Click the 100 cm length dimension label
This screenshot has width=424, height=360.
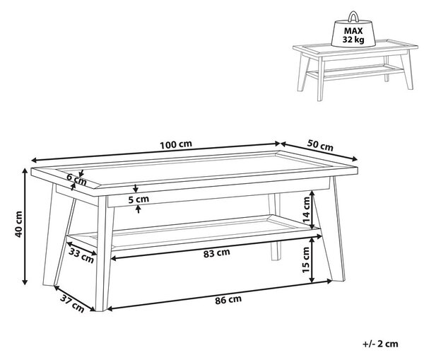[176, 144]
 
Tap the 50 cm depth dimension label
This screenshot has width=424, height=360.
[320, 146]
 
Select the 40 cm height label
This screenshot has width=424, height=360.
[18, 224]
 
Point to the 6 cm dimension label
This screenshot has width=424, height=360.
[76, 179]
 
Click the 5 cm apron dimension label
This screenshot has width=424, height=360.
[139, 199]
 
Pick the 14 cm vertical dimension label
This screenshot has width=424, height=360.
[306, 210]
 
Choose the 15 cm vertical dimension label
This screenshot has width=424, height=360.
[305, 260]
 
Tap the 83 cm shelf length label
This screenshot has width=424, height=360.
[217, 253]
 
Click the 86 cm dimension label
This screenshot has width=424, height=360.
[228, 300]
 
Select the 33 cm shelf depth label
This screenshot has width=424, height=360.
[81, 255]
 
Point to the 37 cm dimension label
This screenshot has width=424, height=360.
[72, 303]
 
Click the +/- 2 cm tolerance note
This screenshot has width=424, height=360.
[380, 344]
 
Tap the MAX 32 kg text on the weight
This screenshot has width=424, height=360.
[353, 35]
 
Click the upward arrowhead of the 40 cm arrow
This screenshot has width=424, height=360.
[25, 171]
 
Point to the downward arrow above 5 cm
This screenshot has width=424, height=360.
[136, 189]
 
